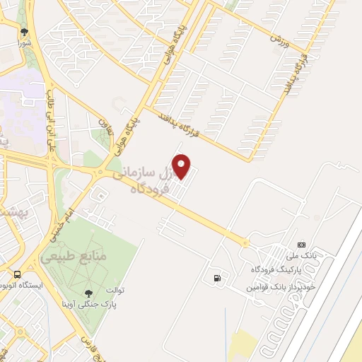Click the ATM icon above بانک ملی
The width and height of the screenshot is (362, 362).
tap(302, 244)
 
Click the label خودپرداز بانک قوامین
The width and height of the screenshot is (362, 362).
tap(279, 288)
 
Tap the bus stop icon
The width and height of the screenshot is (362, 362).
tap(16, 274)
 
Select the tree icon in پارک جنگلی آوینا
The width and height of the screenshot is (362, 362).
tap(88, 293)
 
